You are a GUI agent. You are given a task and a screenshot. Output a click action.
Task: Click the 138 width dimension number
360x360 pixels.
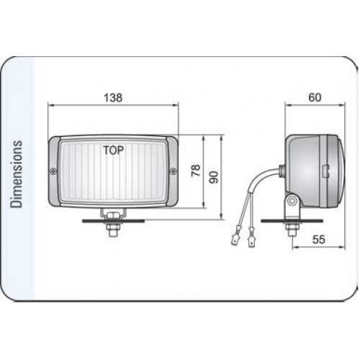tap(113, 98)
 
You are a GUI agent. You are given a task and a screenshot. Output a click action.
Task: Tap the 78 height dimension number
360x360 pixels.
tap(196, 171)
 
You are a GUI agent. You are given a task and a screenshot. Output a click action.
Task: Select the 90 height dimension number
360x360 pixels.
tap(213, 177)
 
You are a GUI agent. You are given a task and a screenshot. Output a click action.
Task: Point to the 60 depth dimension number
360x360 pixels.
tap(315, 97)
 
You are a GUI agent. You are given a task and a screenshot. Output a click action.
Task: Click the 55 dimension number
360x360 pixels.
tap(319, 239)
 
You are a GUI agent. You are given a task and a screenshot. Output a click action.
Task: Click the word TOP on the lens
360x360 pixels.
tap(114, 150)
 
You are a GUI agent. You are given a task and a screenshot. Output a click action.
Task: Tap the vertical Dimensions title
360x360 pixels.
tap(17, 174)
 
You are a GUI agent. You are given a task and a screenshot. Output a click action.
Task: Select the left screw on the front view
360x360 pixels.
tap(53, 171)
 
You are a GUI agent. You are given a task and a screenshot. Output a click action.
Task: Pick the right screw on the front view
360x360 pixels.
tap(173, 171)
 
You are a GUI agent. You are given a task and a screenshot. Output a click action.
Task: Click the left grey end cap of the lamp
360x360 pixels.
tap(54, 171)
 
